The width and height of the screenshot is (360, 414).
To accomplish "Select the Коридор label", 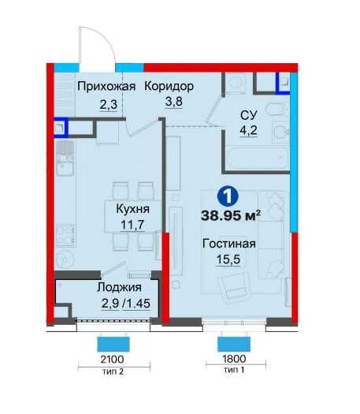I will (169, 87).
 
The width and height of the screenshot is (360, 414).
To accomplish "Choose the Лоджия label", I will (104, 289).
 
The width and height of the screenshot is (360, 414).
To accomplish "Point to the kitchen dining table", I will (131, 215).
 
